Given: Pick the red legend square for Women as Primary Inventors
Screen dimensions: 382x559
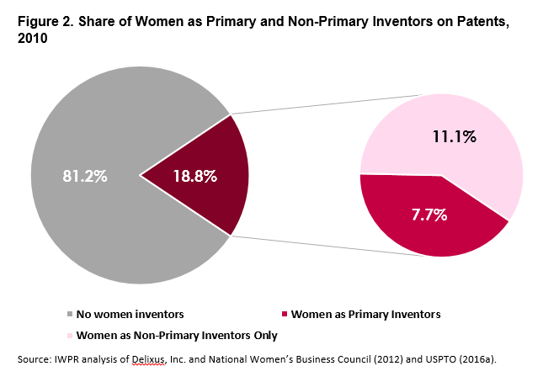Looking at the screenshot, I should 285,315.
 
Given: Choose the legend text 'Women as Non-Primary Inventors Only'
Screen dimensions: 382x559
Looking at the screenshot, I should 177,336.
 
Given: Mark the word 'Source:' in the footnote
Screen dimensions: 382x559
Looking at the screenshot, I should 36,360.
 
